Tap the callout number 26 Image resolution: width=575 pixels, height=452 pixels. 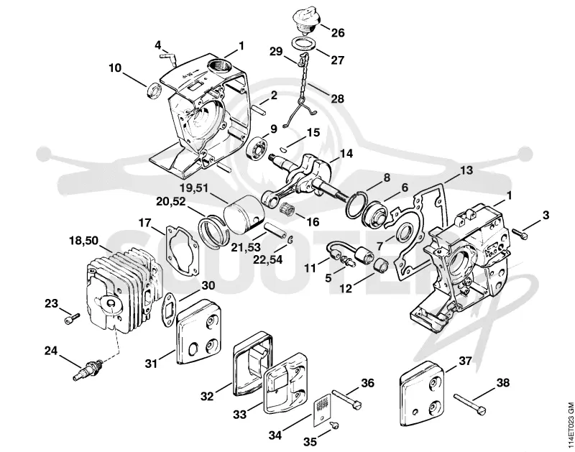click(338, 32)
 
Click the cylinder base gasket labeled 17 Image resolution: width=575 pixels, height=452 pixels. click(183, 250)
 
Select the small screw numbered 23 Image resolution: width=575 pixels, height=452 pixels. click(73, 318)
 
